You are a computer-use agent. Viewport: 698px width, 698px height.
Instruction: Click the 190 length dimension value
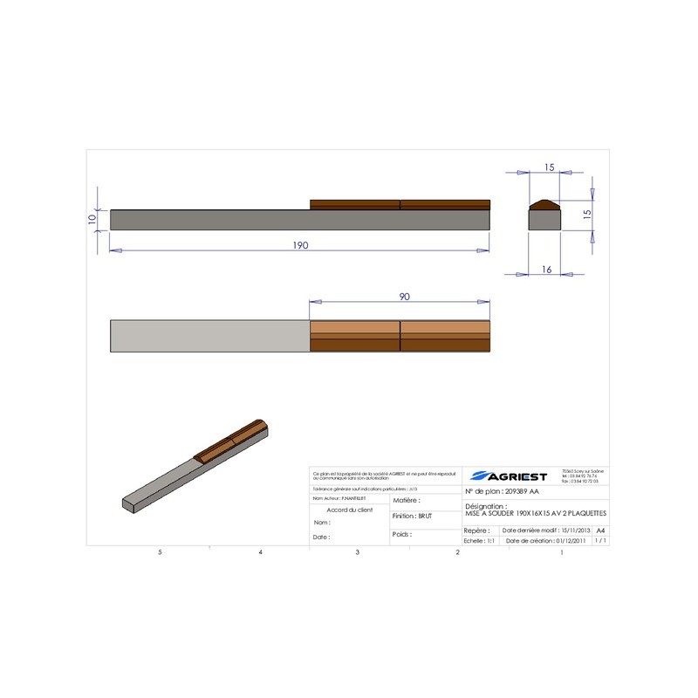[x=299, y=245]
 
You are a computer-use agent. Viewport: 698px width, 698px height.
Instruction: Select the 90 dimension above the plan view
[x=405, y=297]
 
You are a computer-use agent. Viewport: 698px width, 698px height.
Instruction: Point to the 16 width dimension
[x=546, y=270]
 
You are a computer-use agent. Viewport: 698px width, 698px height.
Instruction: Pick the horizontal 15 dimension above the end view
[x=549, y=167]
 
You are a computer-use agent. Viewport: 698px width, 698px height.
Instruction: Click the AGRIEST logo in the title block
[x=509, y=476]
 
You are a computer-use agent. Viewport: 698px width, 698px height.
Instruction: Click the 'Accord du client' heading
[x=349, y=509]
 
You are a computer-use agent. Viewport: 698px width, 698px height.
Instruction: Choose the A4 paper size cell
[x=599, y=530]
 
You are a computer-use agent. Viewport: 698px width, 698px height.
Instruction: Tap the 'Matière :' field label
[x=407, y=501]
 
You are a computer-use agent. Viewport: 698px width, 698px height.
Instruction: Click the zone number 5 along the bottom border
[x=160, y=552]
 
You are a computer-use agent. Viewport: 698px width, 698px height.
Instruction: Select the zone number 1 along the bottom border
[x=561, y=552]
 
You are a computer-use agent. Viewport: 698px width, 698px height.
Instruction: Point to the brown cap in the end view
[x=547, y=205]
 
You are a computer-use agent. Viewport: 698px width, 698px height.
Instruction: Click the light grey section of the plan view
[x=209, y=336]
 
